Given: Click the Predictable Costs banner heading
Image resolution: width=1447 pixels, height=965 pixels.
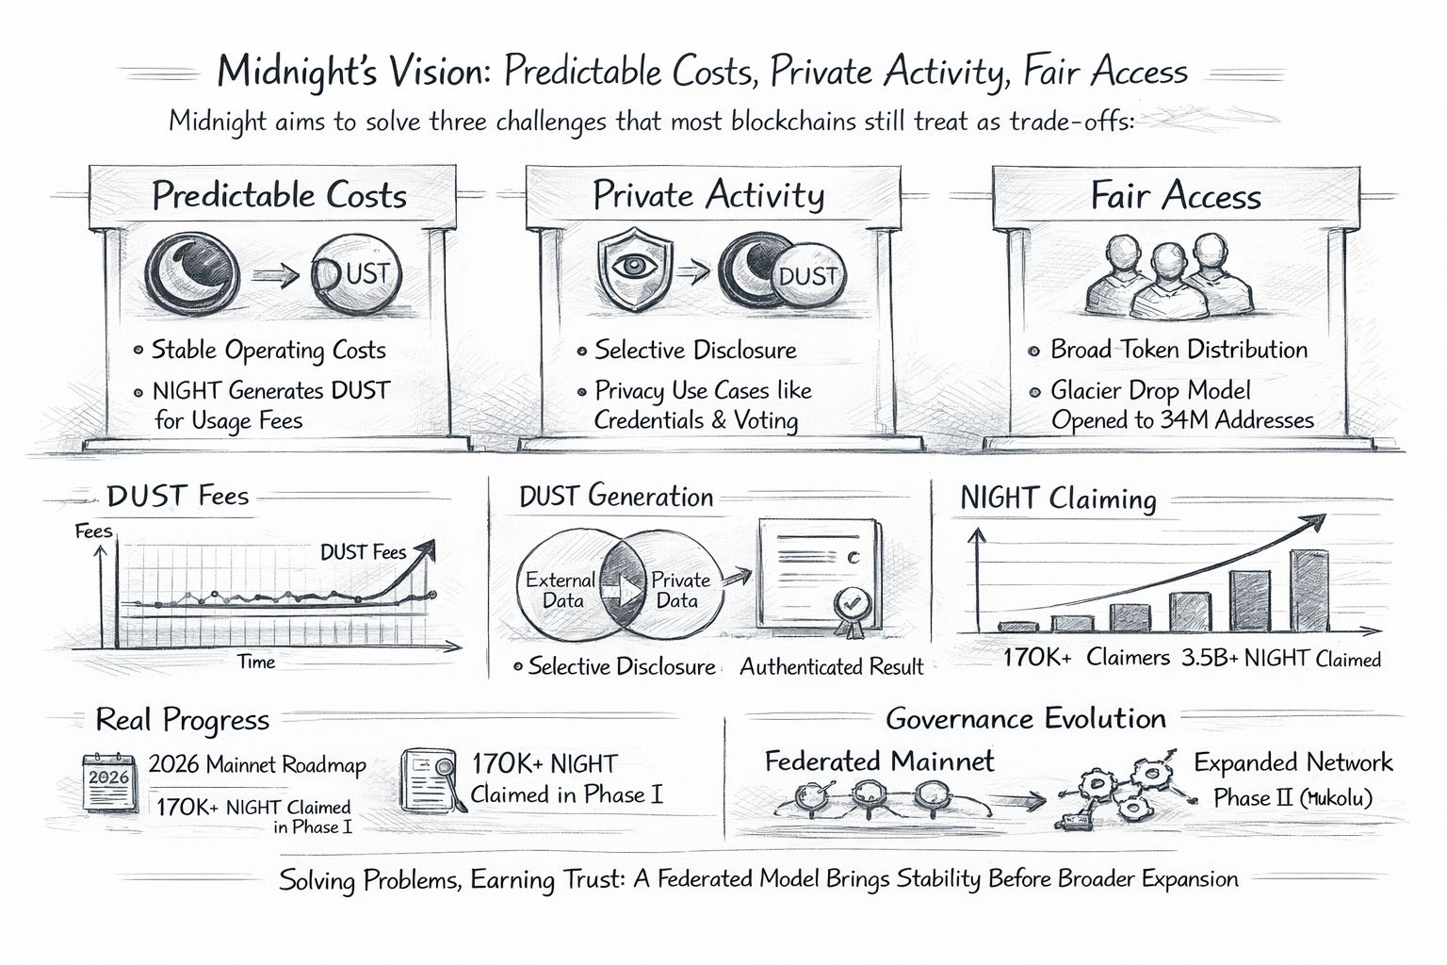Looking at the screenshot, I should pos(280,196).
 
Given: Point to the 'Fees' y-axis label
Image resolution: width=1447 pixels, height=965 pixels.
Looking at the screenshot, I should pos(93,532).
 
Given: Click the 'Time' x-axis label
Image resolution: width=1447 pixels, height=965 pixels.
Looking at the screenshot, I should pos(256,662).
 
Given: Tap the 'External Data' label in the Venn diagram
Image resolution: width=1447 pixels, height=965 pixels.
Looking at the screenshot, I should pos(560,591).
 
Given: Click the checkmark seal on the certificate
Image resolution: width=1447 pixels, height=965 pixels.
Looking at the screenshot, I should pos(850,604).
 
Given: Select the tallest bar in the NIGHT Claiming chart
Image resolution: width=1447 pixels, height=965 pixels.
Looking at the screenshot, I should pos(1309,590).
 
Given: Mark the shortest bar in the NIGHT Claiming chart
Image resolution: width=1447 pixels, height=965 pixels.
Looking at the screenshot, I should pos(1016,626).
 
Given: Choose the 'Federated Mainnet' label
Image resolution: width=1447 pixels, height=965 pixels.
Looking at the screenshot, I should pos(879,761).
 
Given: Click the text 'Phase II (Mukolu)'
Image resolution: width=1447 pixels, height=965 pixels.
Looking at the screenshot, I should pos(1293,798).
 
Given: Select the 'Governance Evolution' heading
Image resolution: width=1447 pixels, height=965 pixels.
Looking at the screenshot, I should pos(1026,719).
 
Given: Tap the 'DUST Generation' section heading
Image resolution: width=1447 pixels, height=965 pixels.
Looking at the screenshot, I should pos(616,497).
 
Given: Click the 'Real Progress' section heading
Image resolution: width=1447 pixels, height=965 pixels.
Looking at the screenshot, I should pos(183,721).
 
